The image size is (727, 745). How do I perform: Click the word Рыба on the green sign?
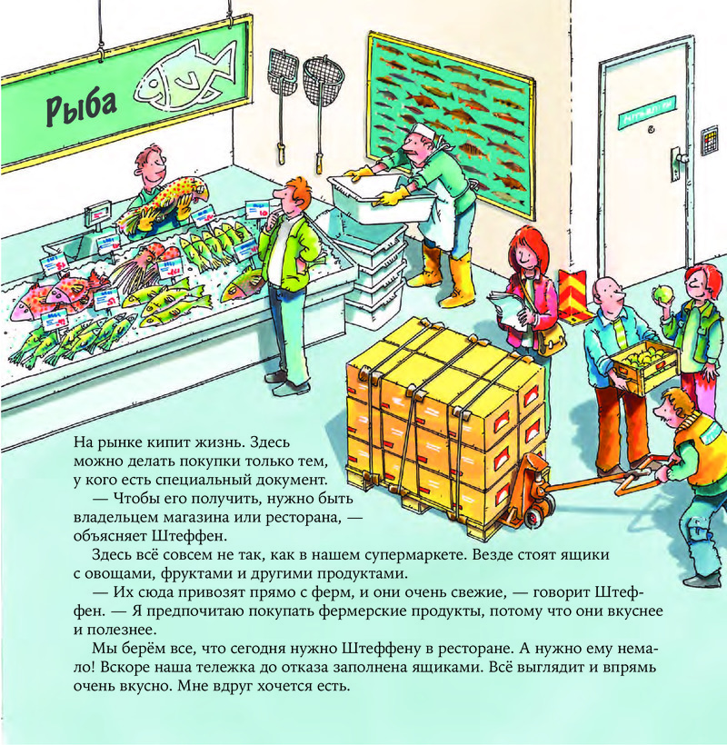81,107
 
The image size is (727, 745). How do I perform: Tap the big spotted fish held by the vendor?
164,200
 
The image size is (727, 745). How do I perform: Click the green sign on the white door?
647,112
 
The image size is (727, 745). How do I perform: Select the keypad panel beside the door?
710,140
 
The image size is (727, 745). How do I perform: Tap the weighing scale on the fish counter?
97,212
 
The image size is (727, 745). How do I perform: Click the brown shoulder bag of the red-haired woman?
552,336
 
